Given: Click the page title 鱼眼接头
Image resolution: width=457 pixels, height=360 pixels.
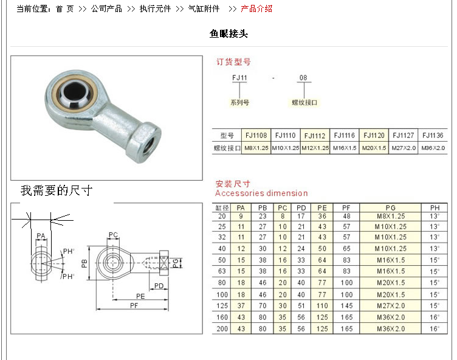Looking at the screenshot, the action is [x=228, y=34].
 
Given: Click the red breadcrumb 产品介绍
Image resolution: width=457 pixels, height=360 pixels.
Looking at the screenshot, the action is [x=256, y=9].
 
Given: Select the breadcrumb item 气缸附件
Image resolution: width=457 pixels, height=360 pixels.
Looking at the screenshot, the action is [x=204, y=9].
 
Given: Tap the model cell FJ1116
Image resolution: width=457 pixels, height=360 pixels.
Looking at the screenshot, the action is [x=344, y=136].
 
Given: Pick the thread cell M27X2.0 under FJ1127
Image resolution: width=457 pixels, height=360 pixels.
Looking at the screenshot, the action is [x=404, y=148].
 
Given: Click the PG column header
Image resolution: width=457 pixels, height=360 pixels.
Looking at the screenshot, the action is [x=391, y=208].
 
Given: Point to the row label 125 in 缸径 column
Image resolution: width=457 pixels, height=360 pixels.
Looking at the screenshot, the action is [x=222, y=306].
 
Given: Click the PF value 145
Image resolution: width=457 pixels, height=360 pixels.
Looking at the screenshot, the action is [x=346, y=306].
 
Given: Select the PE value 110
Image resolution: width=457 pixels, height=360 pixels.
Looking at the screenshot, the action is [x=322, y=306].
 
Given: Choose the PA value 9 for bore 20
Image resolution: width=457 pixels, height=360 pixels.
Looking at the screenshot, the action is [x=241, y=216].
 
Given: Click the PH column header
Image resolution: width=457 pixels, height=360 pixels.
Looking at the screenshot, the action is [x=435, y=208].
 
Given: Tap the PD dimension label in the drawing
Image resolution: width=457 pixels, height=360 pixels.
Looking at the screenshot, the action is [x=159, y=286].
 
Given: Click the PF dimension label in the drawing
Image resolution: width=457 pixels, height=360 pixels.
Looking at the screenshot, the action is [x=134, y=305].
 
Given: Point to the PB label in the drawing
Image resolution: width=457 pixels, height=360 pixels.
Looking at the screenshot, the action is [x=84, y=263].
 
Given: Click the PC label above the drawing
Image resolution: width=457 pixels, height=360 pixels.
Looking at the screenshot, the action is [x=113, y=235].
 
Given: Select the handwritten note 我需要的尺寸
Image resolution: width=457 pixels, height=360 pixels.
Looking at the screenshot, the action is [x=57, y=190].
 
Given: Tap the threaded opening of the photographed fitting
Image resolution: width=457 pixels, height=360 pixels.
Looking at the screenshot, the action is [x=151, y=144].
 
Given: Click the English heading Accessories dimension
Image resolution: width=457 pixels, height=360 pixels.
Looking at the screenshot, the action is [x=261, y=193].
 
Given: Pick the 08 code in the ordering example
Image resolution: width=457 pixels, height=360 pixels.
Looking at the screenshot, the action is [x=303, y=78].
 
